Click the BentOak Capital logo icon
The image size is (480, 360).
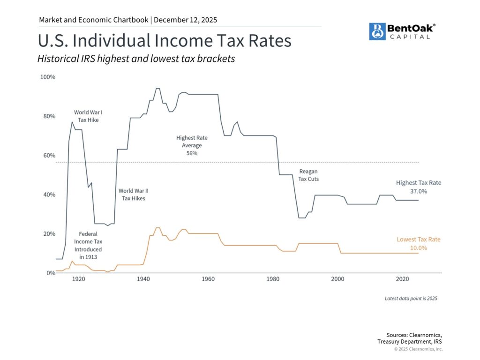click(x=377, y=31)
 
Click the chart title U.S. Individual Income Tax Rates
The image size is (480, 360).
click(x=165, y=41)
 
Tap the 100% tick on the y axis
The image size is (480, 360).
click(x=48, y=77)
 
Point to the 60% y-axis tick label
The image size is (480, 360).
click(x=49, y=155)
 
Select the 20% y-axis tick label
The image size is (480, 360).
click(x=49, y=233)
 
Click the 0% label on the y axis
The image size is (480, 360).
click(x=51, y=273)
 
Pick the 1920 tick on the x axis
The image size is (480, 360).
click(x=78, y=279)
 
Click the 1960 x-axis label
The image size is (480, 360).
click(x=208, y=279)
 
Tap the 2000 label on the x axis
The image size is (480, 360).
click(x=338, y=279)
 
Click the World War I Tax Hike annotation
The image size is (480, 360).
click(x=88, y=116)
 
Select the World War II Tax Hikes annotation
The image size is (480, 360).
click(x=134, y=195)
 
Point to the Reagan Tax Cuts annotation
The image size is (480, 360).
click(x=308, y=175)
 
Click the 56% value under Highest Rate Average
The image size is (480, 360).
click(x=192, y=153)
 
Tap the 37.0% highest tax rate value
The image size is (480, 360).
click(x=418, y=191)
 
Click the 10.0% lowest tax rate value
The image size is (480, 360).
click(x=418, y=247)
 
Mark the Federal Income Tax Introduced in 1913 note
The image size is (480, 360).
click(x=88, y=246)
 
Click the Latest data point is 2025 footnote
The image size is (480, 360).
click(x=411, y=298)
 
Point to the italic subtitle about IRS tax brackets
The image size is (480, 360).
click(x=136, y=60)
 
